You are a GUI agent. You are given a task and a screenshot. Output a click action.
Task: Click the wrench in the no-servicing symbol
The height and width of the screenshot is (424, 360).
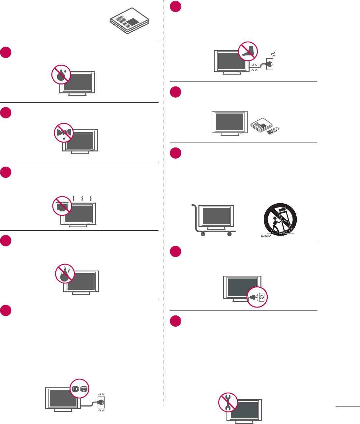click(228, 403)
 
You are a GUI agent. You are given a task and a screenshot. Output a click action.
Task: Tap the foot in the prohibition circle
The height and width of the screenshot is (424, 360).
click(248, 51)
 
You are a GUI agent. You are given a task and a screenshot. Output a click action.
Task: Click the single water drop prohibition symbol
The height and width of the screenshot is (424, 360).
click(61, 74)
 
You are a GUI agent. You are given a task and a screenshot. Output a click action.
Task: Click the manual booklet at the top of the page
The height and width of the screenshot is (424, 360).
click(130, 21)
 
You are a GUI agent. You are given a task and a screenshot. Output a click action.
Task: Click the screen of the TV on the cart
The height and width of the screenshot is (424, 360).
click(216, 215)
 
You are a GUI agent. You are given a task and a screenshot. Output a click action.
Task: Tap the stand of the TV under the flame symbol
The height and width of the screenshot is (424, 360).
click(81, 293)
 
